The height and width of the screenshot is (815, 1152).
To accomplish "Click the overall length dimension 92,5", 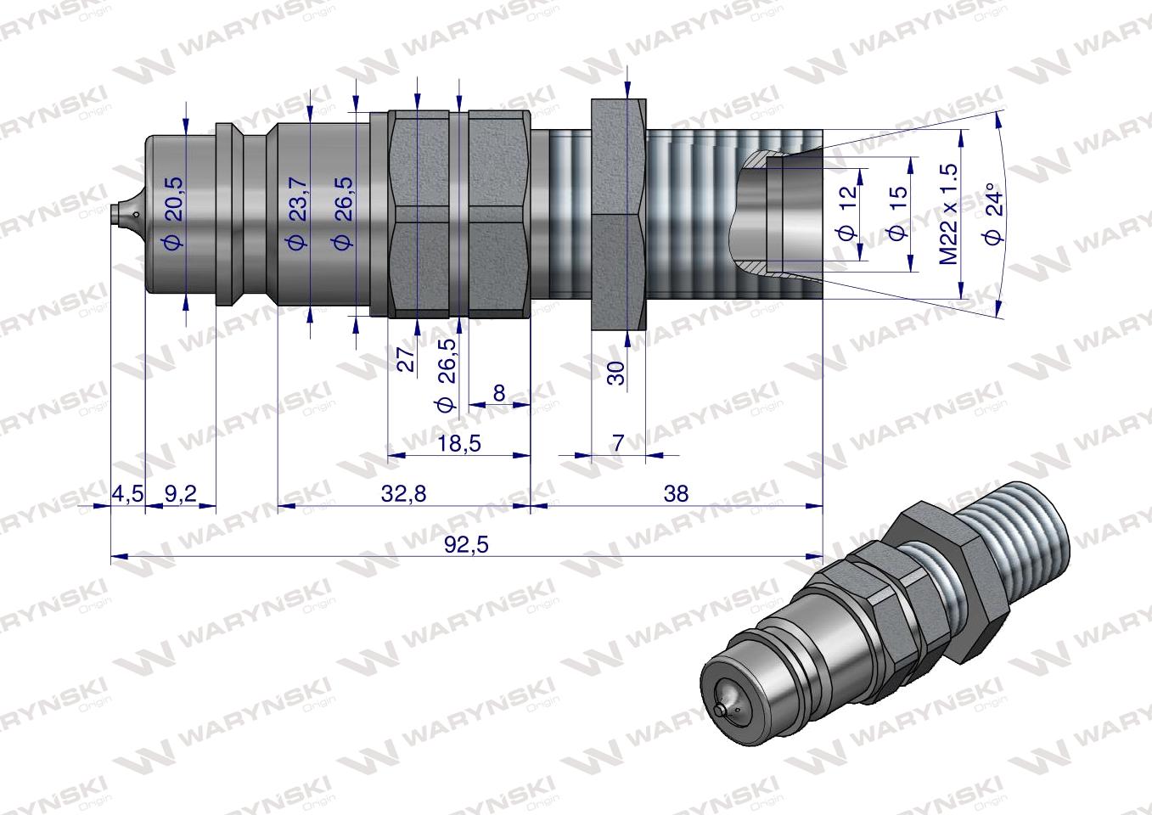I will click(x=466, y=544).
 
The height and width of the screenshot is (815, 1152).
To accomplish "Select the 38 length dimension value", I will click(x=677, y=492).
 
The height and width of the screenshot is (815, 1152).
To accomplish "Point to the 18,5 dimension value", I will click(x=458, y=442).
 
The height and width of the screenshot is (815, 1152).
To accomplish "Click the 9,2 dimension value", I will click(x=180, y=492).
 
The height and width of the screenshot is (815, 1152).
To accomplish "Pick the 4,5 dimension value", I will click(x=127, y=492).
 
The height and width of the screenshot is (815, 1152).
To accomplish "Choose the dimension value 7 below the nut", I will click(x=617, y=442).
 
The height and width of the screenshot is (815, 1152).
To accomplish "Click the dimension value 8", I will click(x=498, y=392).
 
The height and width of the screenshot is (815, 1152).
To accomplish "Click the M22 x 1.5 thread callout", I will click(x=949, y=214).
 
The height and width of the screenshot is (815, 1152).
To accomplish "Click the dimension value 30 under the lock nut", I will click(x=617, y=371).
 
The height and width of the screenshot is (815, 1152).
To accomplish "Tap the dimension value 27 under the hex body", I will click(x=405, y=357).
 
